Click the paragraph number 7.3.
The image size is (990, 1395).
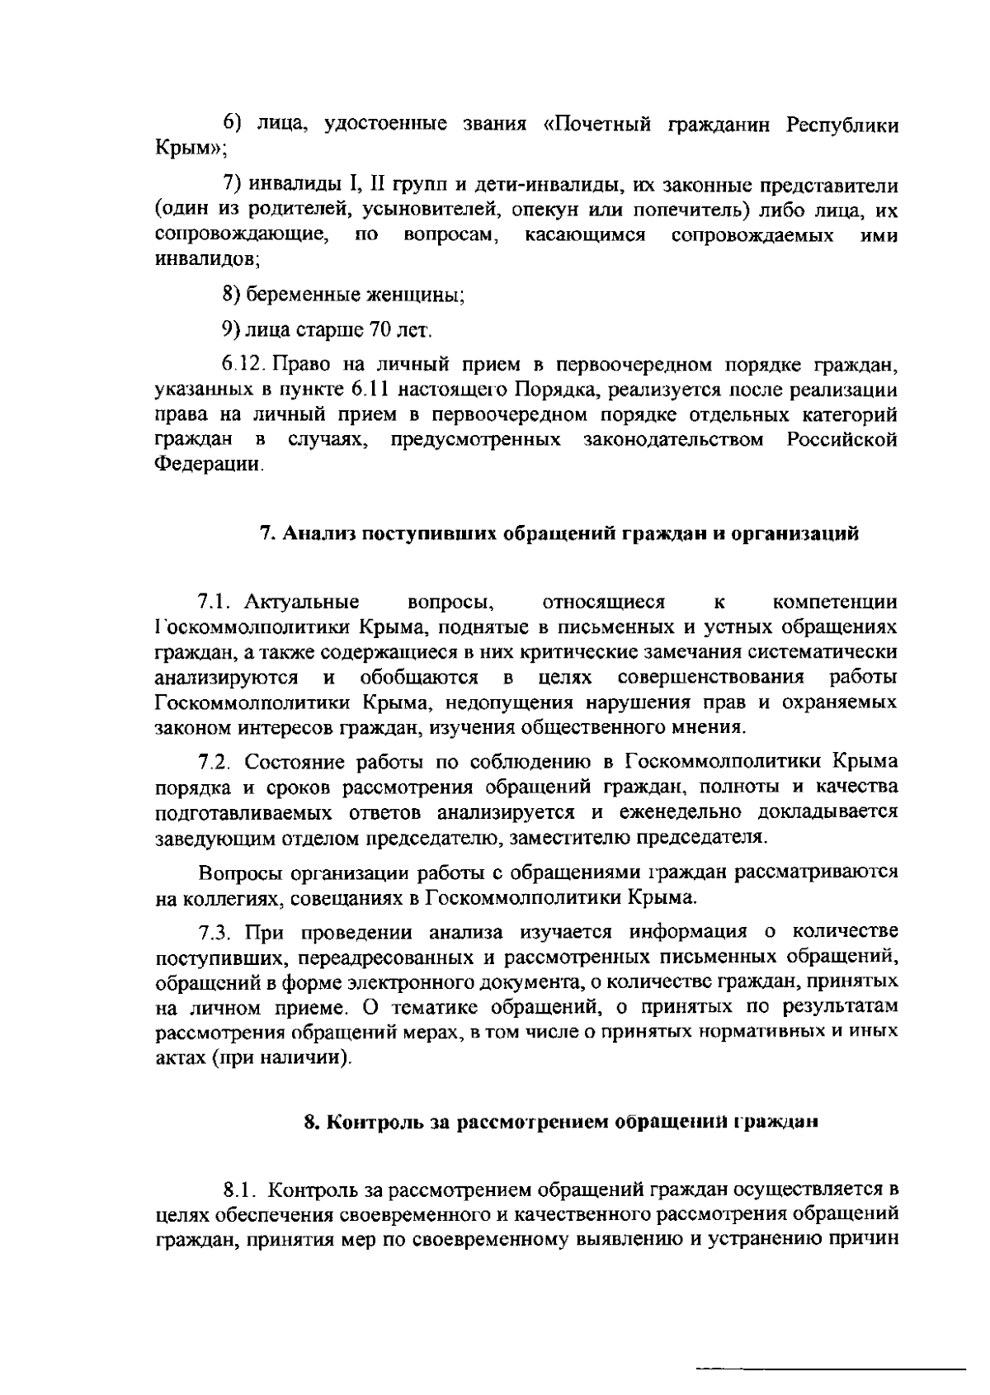click(217, 933)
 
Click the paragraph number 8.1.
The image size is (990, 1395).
click(240, 1190)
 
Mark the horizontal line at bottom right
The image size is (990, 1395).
click(830, 1346)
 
